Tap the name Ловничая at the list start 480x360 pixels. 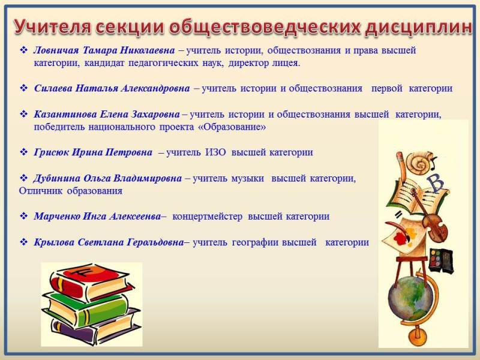click(x=56, y=50)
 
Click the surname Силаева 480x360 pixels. click(x=53, y=88)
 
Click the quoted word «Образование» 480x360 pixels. click(x=232, y=127)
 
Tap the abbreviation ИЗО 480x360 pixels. click(x=215, y=152)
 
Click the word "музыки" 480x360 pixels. click(x=248, y=179)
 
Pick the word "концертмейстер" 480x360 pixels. click(x=207, y=217)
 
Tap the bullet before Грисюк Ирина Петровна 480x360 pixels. click(x=23, y=152)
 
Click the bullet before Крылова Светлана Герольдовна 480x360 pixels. click(x=23, y=242)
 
